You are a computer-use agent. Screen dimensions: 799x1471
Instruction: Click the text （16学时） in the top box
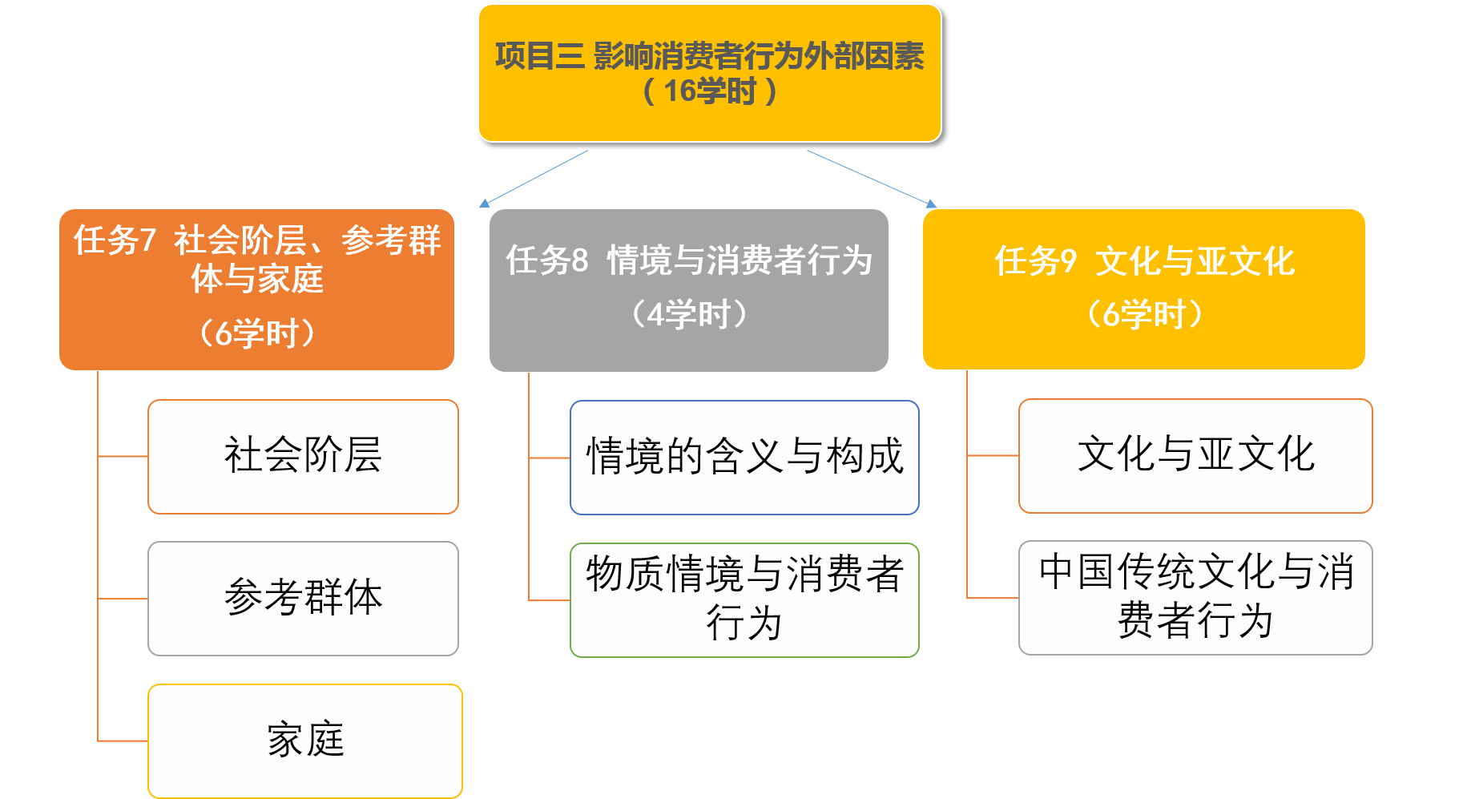[710, 91]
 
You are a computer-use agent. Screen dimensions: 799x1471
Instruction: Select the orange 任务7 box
[256, 289]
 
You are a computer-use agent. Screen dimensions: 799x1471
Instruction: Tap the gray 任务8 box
[689, 289]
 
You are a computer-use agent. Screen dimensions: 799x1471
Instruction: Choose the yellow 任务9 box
[1143, 289]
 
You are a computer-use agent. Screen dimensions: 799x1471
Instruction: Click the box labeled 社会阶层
[303, 456]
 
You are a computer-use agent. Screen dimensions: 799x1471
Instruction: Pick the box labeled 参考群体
[303, 598]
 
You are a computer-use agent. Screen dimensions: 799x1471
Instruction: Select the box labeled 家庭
[305, 740]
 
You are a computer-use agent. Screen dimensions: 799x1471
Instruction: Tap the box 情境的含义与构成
[744, 457]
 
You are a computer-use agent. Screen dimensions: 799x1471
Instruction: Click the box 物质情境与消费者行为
[744, 599]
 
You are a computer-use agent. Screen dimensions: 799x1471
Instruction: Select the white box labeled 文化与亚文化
[1195, 455]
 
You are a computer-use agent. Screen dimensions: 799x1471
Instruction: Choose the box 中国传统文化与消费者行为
[1195, 597]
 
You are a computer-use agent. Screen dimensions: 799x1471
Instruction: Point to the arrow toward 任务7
[534, 179]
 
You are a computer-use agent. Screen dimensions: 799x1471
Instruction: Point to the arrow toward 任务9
[872, 179]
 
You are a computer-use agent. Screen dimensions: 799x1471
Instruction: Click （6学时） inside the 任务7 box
[257, 333]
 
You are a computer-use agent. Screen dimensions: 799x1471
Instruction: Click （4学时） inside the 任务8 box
[690, 314]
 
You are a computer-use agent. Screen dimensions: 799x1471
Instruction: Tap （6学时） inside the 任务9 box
[1144, 314]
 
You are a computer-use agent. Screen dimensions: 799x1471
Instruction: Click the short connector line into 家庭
[123, 740]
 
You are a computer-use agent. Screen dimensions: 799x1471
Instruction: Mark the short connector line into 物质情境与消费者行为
[550, 599]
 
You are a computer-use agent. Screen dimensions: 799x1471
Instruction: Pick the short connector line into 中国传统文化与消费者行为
[993, 598]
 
